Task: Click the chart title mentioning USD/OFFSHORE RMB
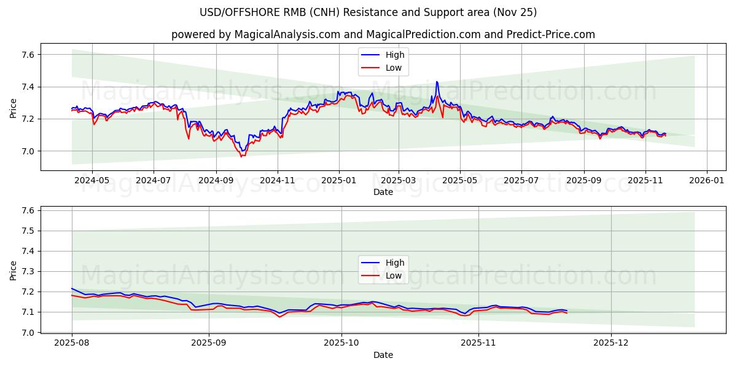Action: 368,12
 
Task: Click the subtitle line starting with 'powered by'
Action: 383,34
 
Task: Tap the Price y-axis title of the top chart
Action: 14,108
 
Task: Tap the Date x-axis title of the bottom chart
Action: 383,355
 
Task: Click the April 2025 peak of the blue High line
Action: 437,81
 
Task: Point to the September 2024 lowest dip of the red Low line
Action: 241,156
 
